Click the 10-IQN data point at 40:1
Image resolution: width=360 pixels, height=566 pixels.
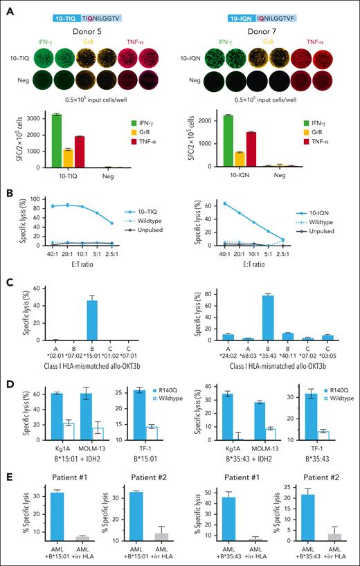[x=224, y=203]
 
